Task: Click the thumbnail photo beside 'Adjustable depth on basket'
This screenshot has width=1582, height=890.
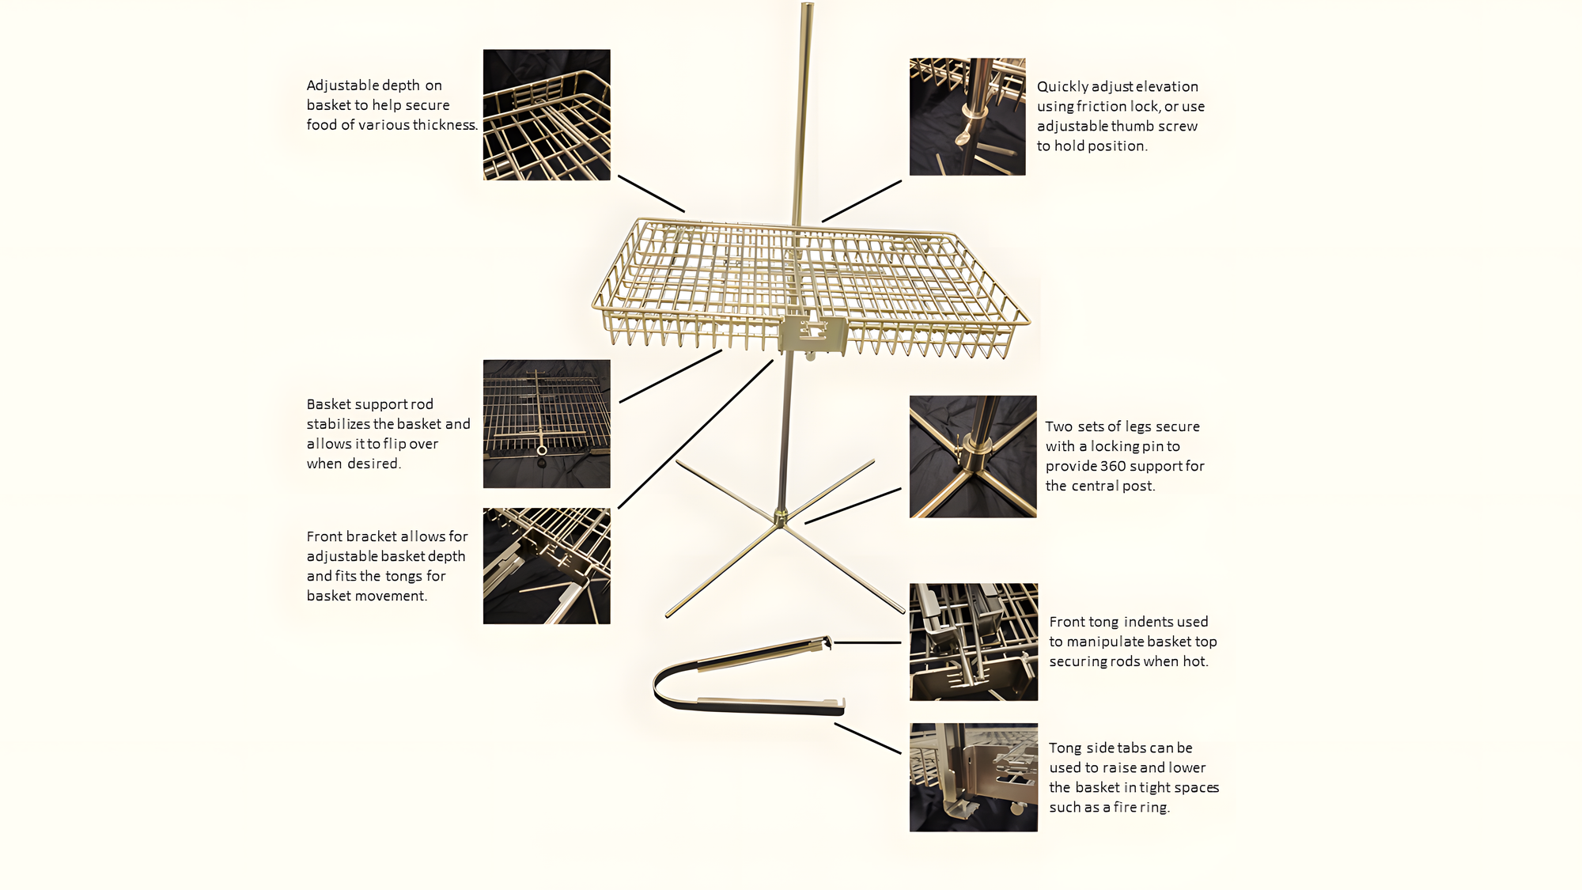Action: click(x=547, y=115)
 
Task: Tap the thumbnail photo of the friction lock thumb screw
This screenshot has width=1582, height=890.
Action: click(x=967, y=116)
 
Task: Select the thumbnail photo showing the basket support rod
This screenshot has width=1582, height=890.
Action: click(x=547, y=424)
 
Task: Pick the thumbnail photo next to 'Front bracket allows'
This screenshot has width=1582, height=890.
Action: click(x=547, y=566)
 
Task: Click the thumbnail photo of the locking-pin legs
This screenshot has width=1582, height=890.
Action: click(x=973, y=456)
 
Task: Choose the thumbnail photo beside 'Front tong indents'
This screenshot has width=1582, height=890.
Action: click(x=974, y=642)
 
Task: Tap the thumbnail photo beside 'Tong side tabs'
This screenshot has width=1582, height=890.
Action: click(x=974, y=777)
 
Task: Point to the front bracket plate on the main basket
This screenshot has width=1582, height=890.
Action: click(x=813, y=335)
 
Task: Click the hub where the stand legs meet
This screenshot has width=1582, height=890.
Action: click(x=781, y=518)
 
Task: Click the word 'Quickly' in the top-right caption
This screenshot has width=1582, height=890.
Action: click(x=1064, y=87)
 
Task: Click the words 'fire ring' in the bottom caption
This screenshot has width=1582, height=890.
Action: click(x=1141, y=807)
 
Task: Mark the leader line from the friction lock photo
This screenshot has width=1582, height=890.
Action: click(x=861, y=201)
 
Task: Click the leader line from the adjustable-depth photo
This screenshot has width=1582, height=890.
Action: click(x=651, y=194)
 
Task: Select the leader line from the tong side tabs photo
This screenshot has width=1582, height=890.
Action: click(x=868, y=738)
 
